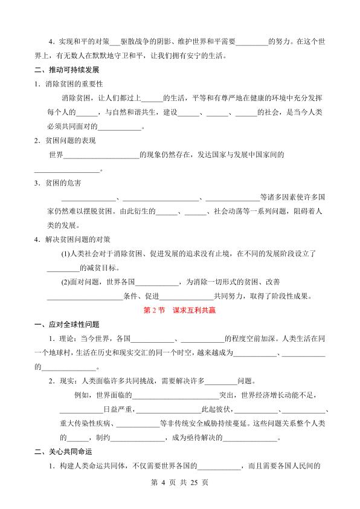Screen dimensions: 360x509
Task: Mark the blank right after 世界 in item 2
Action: click(101, 155)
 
